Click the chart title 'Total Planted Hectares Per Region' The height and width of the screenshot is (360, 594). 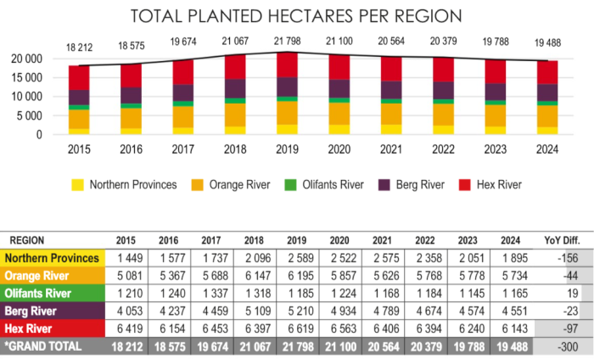tap(296, 17)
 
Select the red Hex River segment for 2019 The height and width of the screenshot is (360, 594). tap(288, 65)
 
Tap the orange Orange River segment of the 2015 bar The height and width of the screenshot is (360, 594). tap(79, 119)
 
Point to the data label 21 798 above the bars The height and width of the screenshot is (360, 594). tap(288, 42)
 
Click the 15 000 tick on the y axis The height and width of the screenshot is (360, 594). tap(29, 77)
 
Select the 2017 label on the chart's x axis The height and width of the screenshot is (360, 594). tap(183, 149)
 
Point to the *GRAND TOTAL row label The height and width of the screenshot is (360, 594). tap(42, 346)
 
